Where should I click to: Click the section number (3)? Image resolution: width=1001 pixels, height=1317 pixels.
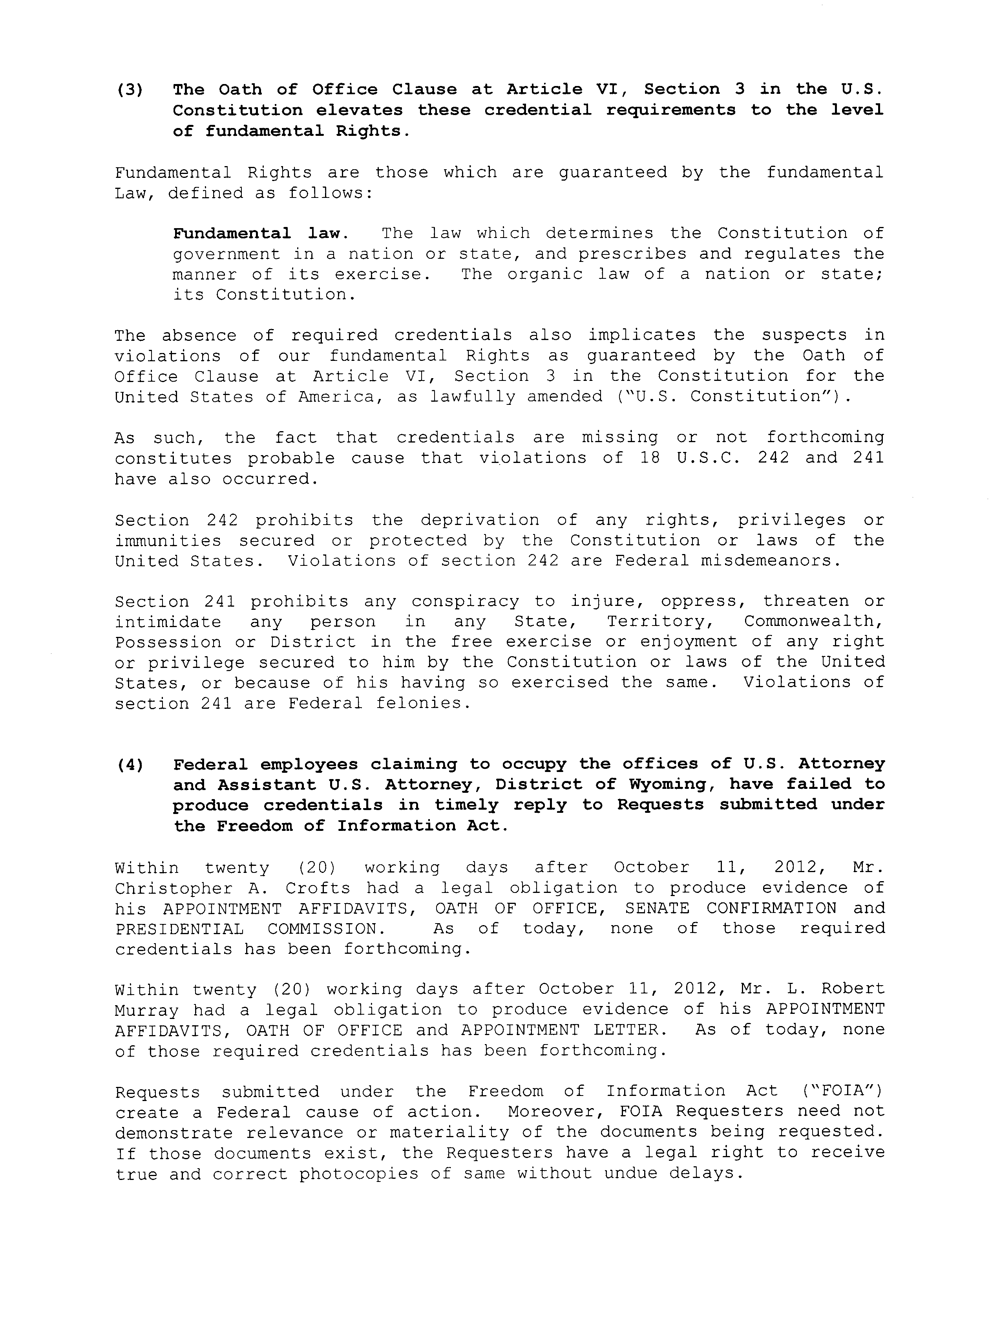point(129,90)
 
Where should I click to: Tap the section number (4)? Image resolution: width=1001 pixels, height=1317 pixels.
point(129,765)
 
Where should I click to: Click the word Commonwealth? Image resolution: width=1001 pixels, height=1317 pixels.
point(813,622)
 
